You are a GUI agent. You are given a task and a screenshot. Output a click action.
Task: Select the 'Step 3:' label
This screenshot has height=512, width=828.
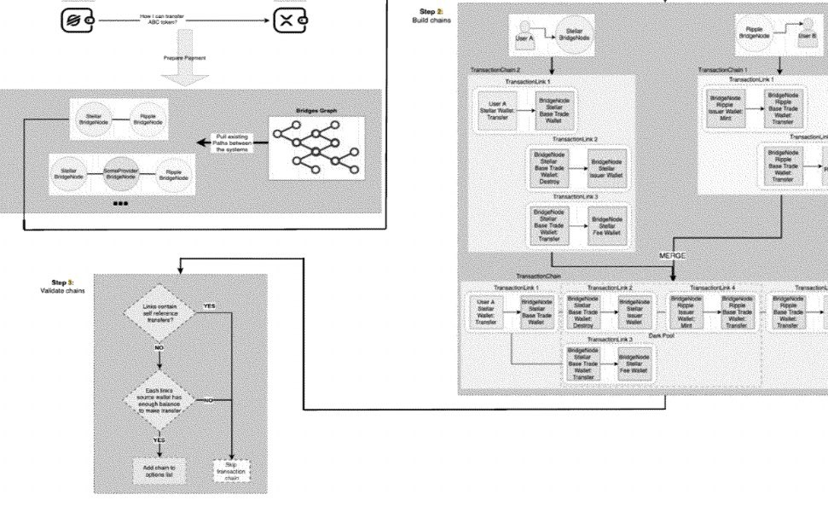62,282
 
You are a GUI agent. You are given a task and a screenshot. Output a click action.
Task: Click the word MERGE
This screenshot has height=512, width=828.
673,255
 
